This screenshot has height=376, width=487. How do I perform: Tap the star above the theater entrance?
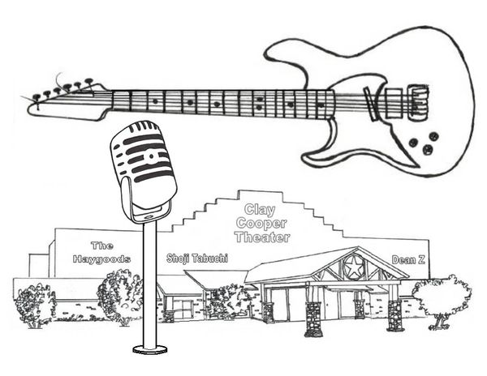[353, 265]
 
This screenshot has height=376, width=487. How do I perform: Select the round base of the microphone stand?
[150, 349]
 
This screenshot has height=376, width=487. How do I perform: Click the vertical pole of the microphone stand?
[150, 284]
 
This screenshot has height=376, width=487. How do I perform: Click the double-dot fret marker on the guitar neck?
[259, 104]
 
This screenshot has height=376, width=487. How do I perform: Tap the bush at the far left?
[35, 301]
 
